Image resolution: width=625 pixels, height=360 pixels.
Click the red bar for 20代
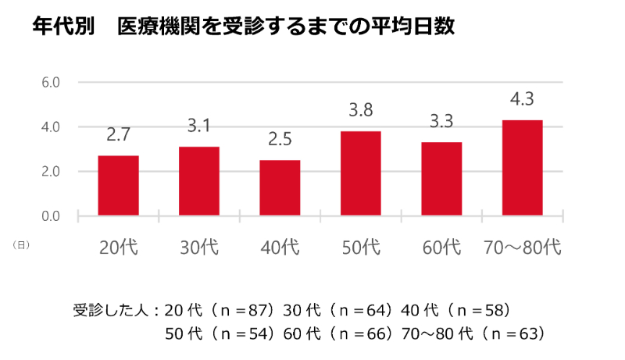(118, 186)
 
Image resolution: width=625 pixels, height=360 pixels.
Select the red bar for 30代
(198, 181)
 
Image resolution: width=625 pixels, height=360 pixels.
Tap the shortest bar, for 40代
(280, 188)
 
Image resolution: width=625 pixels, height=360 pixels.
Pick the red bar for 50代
(361, 173)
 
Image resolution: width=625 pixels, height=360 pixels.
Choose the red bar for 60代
(441, 179)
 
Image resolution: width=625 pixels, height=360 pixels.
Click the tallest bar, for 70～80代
(522, 168)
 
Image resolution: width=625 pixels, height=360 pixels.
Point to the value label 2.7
(118, 134)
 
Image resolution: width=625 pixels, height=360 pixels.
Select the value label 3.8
(361, 110)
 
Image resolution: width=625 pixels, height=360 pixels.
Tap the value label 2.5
(280, 139)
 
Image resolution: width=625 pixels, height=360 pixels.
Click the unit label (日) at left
(21, 245)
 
